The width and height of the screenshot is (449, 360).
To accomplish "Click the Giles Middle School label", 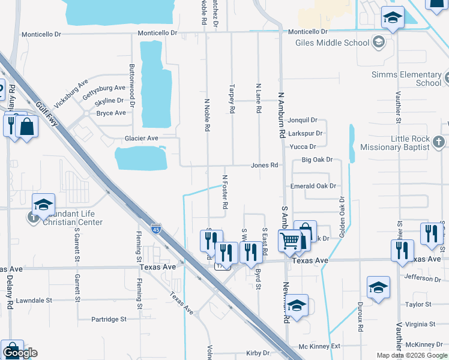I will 332,43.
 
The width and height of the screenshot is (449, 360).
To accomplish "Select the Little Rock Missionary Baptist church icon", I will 439,142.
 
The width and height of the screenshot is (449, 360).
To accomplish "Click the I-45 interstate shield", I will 156,229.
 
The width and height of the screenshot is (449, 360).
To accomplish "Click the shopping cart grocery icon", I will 289,241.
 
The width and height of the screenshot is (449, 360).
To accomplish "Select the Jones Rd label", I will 265,165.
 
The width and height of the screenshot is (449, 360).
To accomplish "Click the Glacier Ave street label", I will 141,138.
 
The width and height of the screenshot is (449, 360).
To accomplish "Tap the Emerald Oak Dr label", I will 313,186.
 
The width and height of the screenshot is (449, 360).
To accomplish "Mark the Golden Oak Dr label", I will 342,217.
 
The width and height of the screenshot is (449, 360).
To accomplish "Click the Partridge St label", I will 109,320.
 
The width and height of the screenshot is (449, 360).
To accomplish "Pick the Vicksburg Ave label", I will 71,89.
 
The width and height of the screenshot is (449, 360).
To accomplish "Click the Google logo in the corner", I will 20,353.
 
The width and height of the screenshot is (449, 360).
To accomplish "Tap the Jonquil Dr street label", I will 302,120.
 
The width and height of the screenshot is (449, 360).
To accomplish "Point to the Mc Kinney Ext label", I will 319,346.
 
